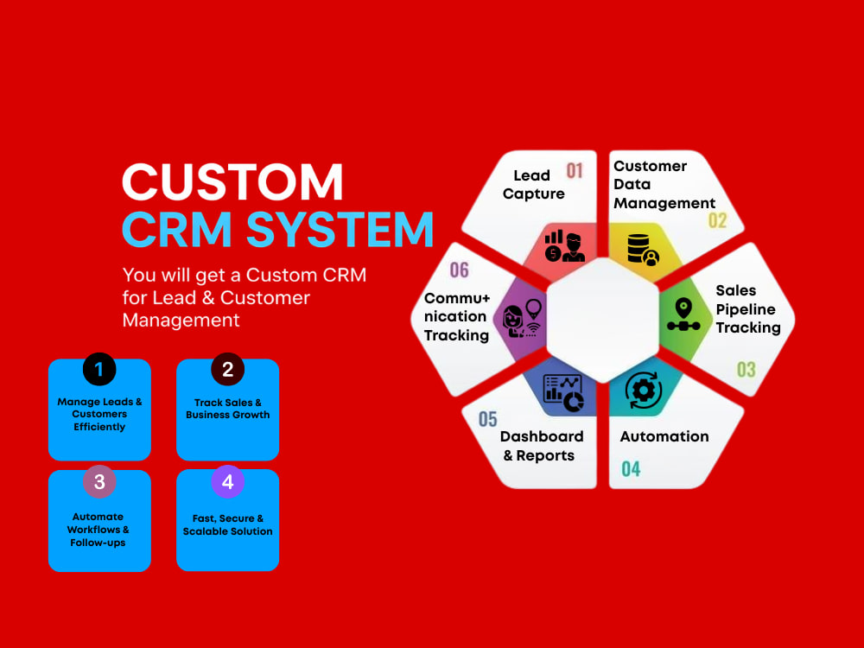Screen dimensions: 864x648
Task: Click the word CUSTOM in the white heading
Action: click(x=232, y=181)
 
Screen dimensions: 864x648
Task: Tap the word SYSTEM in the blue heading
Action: click(x=340, y=229)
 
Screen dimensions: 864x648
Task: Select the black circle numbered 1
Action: click(x=99, y=369)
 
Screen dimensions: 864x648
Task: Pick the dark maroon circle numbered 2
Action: click(x=227, y=369)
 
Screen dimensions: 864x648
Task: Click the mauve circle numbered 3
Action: click(x=99, y=482)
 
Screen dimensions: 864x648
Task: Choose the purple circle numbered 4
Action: click(x=227, y=482)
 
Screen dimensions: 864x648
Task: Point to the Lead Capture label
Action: click(x=533, y=185)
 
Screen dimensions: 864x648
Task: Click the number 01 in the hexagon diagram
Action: click(x=575, y=171)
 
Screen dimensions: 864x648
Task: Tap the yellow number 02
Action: click(x=717, y=220)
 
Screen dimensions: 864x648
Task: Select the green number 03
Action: click(x=746, y=369)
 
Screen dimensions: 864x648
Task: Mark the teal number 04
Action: click(x=631, y=469)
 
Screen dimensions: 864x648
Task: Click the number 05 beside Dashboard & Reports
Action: click(x=487, y=419)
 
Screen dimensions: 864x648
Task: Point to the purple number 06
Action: click(x=459, y=270)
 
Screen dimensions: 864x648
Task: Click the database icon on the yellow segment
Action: click(x=643, y=251)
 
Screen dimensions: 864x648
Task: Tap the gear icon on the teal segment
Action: click(x=644, y=391)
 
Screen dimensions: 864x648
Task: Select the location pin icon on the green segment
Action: click(x=683, y=314)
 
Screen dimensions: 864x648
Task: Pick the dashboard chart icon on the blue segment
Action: click(x=563, y=392)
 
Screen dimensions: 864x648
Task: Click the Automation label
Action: click(x=664, y=436)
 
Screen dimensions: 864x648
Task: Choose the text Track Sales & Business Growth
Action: click(x=227, y=409)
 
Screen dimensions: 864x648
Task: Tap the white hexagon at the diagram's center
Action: click(x=603, y=321)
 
